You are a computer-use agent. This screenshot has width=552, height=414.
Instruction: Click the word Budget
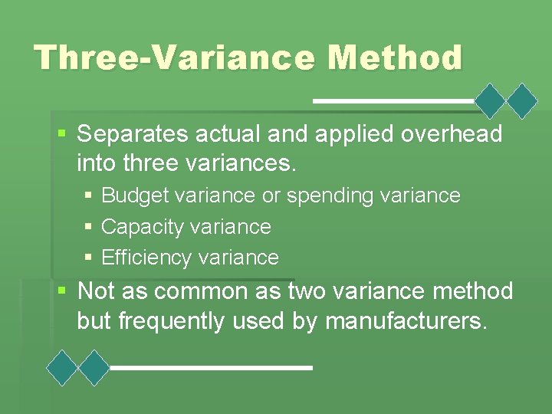click(x=135, y=195)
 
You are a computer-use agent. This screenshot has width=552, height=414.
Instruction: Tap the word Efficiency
click(x=146, y=258)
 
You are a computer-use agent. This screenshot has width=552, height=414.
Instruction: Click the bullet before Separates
click(x=63, y=135)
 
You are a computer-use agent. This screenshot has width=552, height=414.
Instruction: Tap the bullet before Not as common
click(x=63, y=291)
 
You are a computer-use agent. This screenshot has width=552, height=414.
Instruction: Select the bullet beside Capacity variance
click(x=90, y=227)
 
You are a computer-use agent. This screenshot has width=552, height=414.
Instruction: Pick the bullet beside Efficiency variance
click(x=90, y=258)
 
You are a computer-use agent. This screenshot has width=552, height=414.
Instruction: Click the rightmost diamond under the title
click(x=523, y=100)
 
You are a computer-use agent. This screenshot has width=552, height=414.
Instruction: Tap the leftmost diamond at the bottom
click(x=62, y=367)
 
